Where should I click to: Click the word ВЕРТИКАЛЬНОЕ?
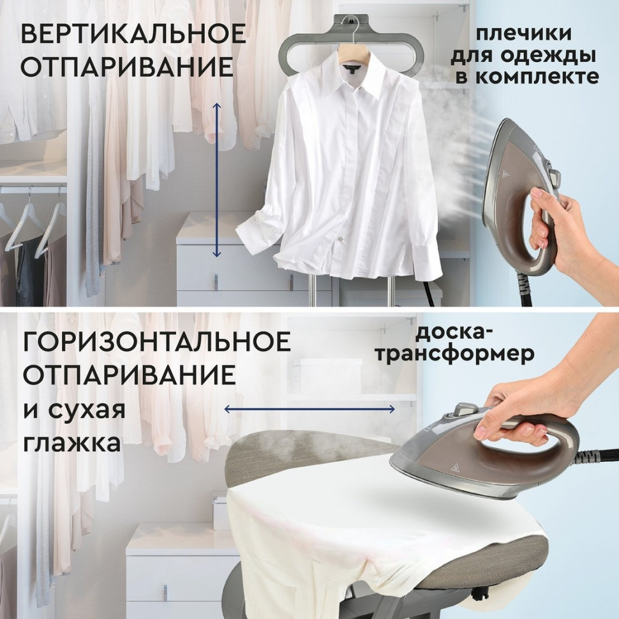click(133, 34)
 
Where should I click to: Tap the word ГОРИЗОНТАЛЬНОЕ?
click(156, 343)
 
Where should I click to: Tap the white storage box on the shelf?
click(317, 371)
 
